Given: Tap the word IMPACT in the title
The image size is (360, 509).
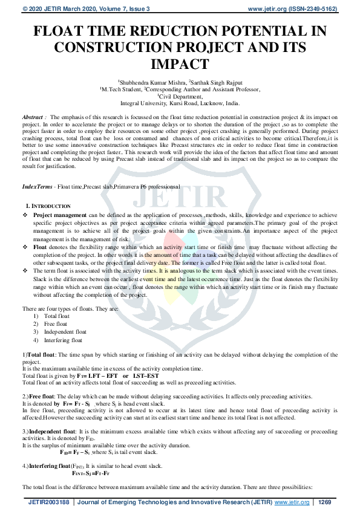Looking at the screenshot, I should point(180,64).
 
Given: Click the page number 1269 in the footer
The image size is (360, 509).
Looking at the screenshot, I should point(325,502).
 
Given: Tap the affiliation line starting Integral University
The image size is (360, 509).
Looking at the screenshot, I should point(180,103).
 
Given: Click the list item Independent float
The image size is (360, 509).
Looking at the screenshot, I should point(65,332).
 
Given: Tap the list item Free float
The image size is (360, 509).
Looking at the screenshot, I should point(56,324).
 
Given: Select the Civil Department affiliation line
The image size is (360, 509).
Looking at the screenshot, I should point(180,96).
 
